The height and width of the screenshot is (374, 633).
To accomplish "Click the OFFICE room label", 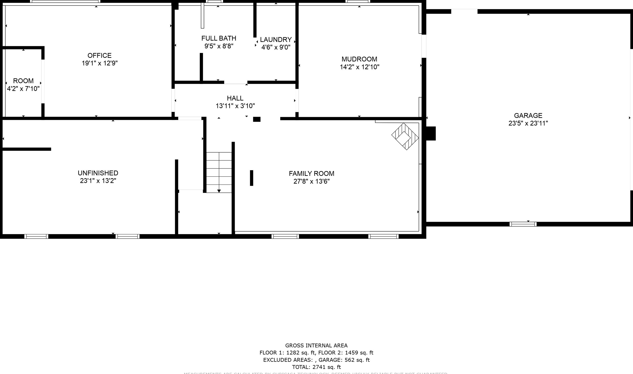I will pyautogui.click(x=99, y=55).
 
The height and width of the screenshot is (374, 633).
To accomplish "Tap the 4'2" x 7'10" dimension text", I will pyautogui.click(x=23, y=89).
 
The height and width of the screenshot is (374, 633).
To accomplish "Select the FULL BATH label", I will pyautogui.click(x=219, y=38).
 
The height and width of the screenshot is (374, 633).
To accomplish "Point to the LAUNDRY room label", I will pyautogui.click(x=276, y=40).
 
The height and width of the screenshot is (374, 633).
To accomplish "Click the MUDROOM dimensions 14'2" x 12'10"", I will pyautogui.click(x=359, y=67).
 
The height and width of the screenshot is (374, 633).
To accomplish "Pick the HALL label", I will pyautogui.click(x=235, y=98).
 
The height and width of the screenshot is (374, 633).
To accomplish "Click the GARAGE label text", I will pyautogui.click(x=528, y=115).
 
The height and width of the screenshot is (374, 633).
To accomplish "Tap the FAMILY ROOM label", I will pyautogui.click(x=311, y=173).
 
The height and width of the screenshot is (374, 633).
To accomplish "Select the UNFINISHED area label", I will pyautogui.click(x=98, y=173).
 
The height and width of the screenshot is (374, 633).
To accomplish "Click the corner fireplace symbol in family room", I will pyautogui.click(x=405, y=136).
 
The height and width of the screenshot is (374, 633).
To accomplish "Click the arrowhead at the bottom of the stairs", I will pyautogui.click(x=219, y=191).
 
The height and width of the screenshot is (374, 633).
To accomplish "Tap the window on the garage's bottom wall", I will pyautogui.click(x=523, y=224).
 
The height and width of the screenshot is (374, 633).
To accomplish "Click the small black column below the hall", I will pyautogui.click(x=257, y=119).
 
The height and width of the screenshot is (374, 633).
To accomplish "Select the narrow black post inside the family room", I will pyautogui.click(x=251, y=178).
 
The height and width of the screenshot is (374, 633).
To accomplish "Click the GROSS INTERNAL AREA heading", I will pyautogui.click(x=316, y=346).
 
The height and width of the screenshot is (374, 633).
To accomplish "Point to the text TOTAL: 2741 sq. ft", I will pyautogui.click(x=316, y=367).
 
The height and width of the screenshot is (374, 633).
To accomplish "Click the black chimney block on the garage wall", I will pyautogui.click(x=431, y=133).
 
